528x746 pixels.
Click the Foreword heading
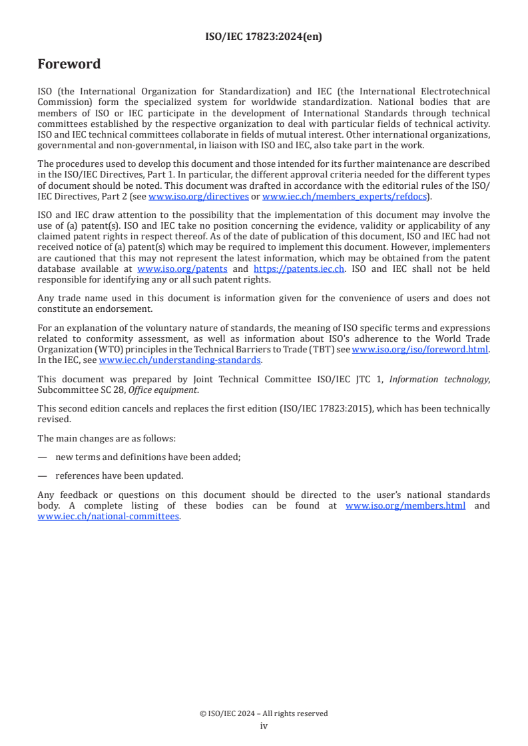[69, 64]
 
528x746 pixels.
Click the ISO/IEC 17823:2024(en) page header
[264, 37]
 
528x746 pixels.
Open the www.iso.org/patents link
[182, 269]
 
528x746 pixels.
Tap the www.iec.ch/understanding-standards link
[180, 360]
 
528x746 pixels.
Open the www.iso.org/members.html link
[405, 506]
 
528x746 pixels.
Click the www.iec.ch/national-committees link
[109, 517]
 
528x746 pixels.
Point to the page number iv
[264, 725]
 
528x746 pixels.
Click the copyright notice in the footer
[264, 713]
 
